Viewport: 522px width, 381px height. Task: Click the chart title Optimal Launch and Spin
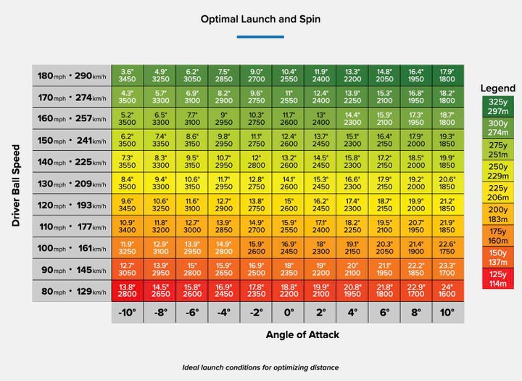[260, 20]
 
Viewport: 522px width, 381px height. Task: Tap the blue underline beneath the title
[260, 36]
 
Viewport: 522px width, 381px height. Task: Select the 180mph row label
[72, 76]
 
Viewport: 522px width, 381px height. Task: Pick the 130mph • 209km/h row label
[72, 184]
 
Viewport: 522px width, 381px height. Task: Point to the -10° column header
[127, 314]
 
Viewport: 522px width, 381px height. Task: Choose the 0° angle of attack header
[289, 314]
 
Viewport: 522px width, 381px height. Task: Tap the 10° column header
[447, 314]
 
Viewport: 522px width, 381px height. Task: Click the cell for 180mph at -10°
[127, 76]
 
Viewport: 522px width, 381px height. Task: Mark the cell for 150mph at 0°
[289, 141]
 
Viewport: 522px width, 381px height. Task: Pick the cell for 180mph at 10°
[447, 76]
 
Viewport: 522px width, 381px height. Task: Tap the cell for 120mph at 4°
[352, 205]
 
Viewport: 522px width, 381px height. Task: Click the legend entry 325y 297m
[497, 107]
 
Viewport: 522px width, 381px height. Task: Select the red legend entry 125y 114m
[497, 278]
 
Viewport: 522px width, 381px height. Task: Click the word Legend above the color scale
[497, 88]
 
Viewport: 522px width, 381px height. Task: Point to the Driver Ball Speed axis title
[16, 184]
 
